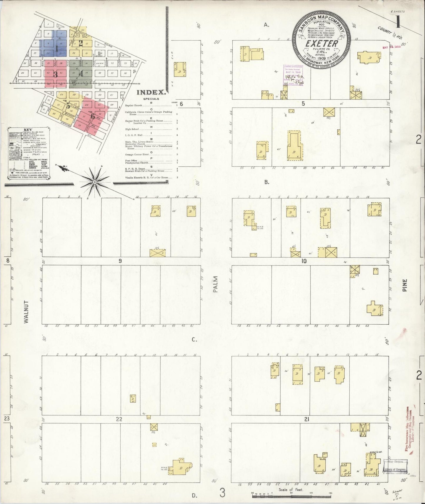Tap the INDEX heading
pyautogui.click(x=151, y=92)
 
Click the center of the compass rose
pyautogui.click(x=95, y=182)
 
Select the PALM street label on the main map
pyautogui.click(x=216, y=284)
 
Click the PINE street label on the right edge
pyautogui.click(x=405, y=285)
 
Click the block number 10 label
pyautogui.click(x=304, y=261)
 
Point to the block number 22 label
pyautogui.click(x=119, y=419)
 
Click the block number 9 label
pyautogui.click(x=120, y=261)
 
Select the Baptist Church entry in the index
pyautogui.click(x=134, y=105)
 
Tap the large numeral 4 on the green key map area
pyautogui.click(x=81, y=74)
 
